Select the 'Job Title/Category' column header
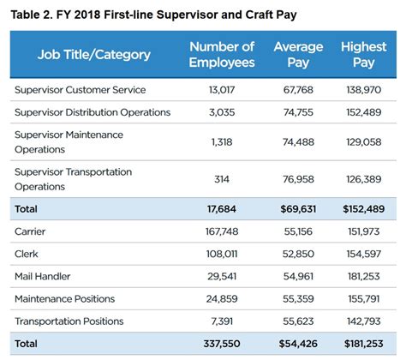pyautogui.click(x=94, y=54)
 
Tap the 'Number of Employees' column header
pyautogui.click(x=222, y=54)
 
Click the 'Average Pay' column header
pyautogui.click(x=298, y=54)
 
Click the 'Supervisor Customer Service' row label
pyautogui.click(x=81, y=90)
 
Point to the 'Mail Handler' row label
pyautogui.click(x=44, y=276)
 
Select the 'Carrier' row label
pyautogui.click(x=31, y=231)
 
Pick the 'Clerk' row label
pyautogui.click(x=27, y=254)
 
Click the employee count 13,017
pyautogui.click(x=222, y=90)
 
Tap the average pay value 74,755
pyautogui.click(x=298, y=112)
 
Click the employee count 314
pyautogui.click(x=222, y=178)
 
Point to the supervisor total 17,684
pyautogui.click(x=222, y=207)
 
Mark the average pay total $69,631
pyautogui.click(x=298, y=207)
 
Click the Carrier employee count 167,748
pyautogui.click(x=222, y=231)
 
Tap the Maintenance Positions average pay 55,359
pyautogui.click(x=298, y=299)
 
